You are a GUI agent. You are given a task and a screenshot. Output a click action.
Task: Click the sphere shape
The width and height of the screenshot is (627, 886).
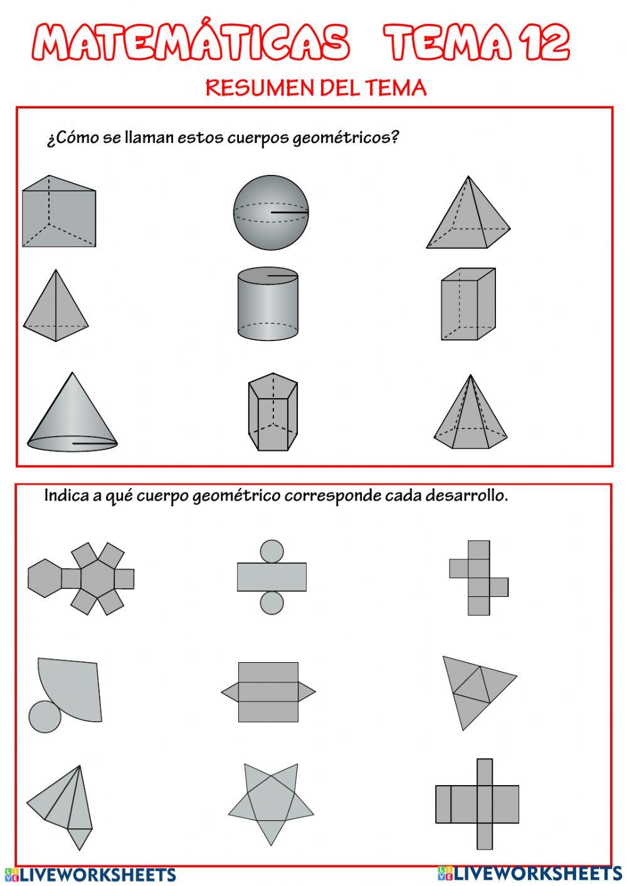tap(271, 212)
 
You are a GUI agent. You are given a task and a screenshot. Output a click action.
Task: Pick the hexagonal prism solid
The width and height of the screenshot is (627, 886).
tap(272, 413)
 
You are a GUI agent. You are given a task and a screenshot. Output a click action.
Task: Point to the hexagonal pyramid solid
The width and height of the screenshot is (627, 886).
tap(470, 417)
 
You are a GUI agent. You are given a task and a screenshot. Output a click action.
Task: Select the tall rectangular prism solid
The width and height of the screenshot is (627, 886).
tap(467, 305)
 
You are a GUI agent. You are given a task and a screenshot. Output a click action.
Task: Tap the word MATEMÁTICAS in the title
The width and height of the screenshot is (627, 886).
tap(191, 43)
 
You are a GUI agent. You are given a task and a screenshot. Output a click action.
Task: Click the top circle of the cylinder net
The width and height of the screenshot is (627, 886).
tap(271, 551)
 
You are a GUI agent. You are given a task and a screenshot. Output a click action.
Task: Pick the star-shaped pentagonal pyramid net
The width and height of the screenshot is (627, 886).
tap(270, 803)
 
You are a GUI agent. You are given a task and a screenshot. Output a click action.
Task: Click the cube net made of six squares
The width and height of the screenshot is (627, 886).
tap(478, 578)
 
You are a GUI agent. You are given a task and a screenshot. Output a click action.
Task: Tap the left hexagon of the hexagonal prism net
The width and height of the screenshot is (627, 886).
tap(45, 577)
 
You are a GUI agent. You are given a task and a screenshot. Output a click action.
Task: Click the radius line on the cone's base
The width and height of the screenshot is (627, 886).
tap(94, 443)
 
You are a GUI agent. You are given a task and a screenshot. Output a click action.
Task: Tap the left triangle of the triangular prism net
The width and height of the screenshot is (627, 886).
tap(230, 692)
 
